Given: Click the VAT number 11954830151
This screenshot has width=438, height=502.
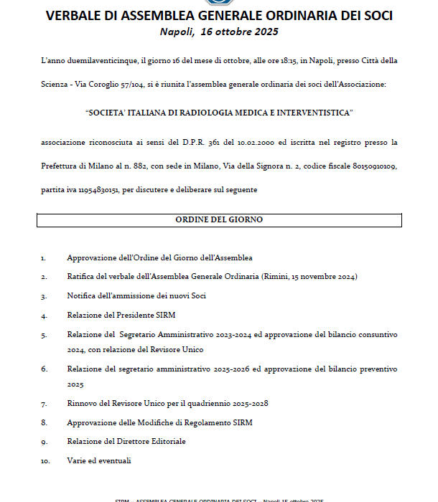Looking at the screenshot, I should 95,189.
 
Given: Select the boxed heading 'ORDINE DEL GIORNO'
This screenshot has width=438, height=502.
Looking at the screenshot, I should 219,219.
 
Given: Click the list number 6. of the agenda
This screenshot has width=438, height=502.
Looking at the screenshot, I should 44,369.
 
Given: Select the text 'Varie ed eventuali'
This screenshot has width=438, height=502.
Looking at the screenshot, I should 99,460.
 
